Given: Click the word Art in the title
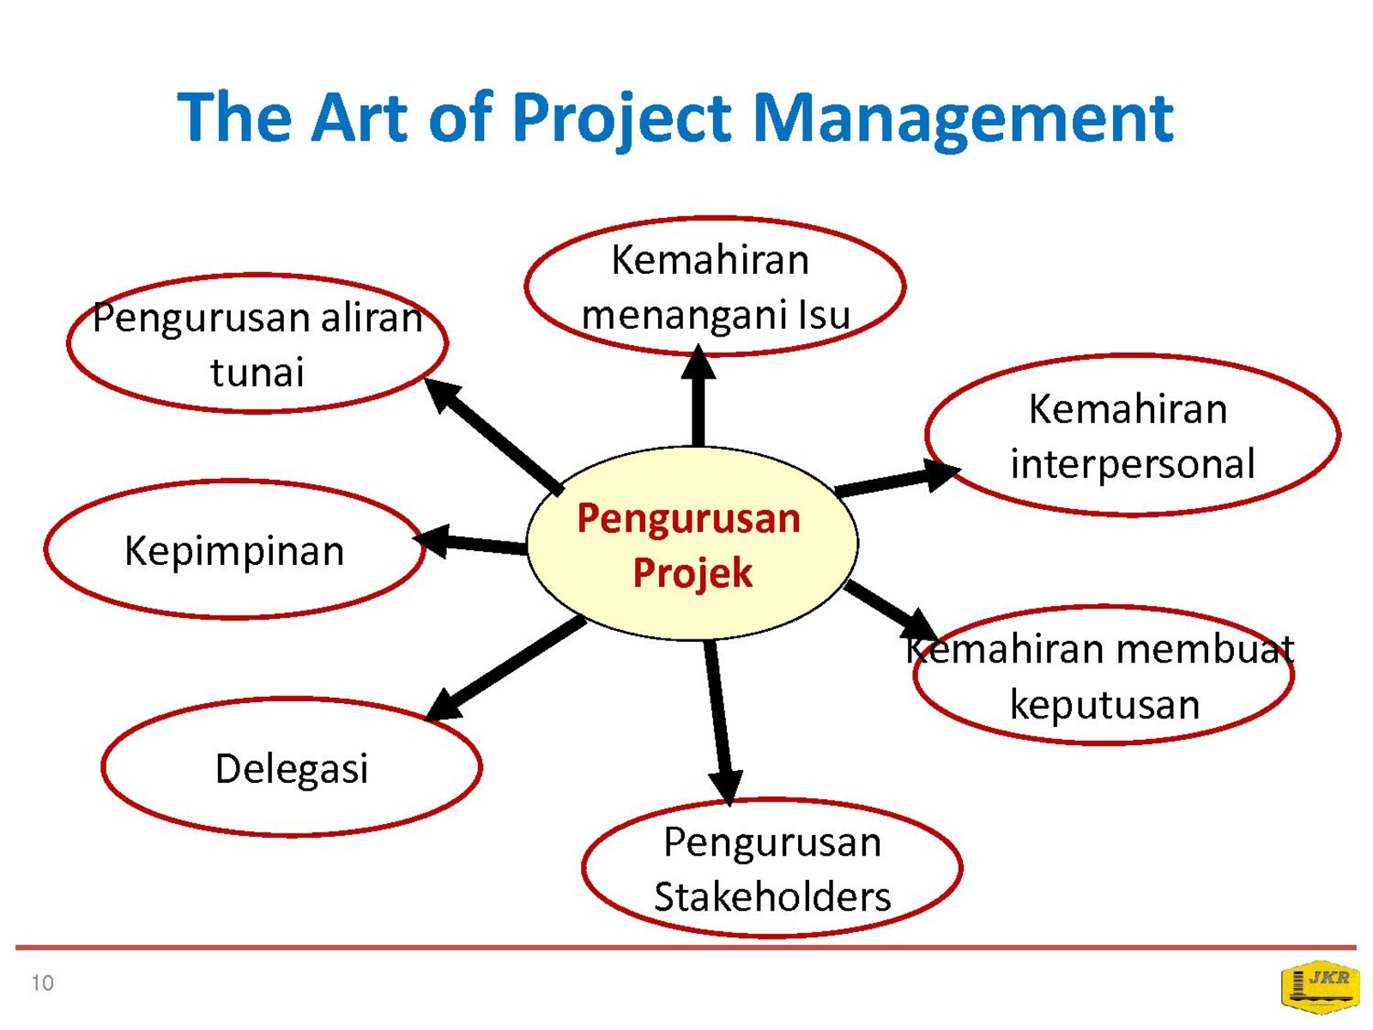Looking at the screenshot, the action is [x=359, y=118].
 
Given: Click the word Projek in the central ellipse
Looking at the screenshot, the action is [x=693, y=573].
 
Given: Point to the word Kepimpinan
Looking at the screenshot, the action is [x=234, y=552].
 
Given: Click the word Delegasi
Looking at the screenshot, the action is [x=292, y=769].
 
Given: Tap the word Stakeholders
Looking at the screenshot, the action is [x=772, y=897].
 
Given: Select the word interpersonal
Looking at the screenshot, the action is [x=1133, y=465].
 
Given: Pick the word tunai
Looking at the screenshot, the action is [x=257, y=373].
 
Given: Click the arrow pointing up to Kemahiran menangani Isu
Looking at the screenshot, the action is [x=698, y=395].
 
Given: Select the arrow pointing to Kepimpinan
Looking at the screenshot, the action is [x=469, y=542].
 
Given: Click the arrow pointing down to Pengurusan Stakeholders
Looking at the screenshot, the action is [x=721, y=723].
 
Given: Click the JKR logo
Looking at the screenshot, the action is [x=1319, y=987].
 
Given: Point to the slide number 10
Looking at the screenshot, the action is [x=43, y=983].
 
